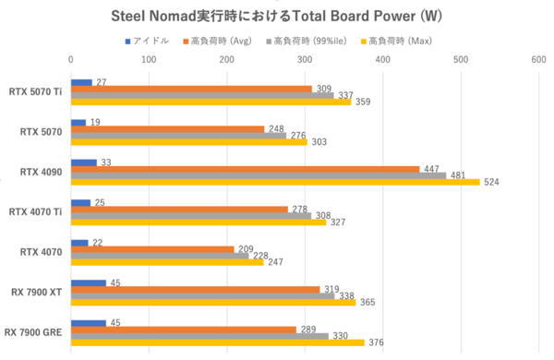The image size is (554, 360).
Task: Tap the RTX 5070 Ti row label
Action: pos(34,92)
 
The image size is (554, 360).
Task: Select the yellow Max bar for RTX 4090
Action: pos(275,182)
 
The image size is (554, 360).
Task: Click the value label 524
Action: pos(492,182)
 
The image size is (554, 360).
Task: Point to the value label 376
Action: pos(376,342)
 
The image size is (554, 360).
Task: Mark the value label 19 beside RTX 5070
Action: pos(95,122)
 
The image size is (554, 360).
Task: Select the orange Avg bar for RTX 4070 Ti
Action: pos(179,210)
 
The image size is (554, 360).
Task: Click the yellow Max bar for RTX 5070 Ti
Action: pos(211,102)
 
